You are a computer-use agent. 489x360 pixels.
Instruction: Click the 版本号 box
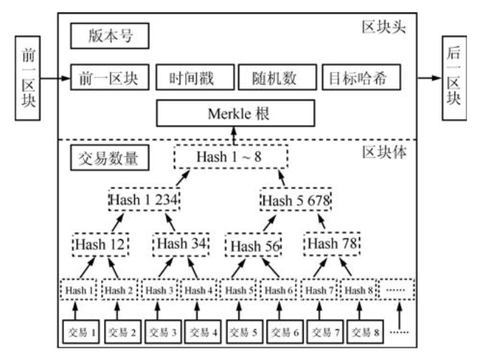108,34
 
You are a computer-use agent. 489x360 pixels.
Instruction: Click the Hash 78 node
331,245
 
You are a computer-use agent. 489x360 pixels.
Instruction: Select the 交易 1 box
83,332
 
